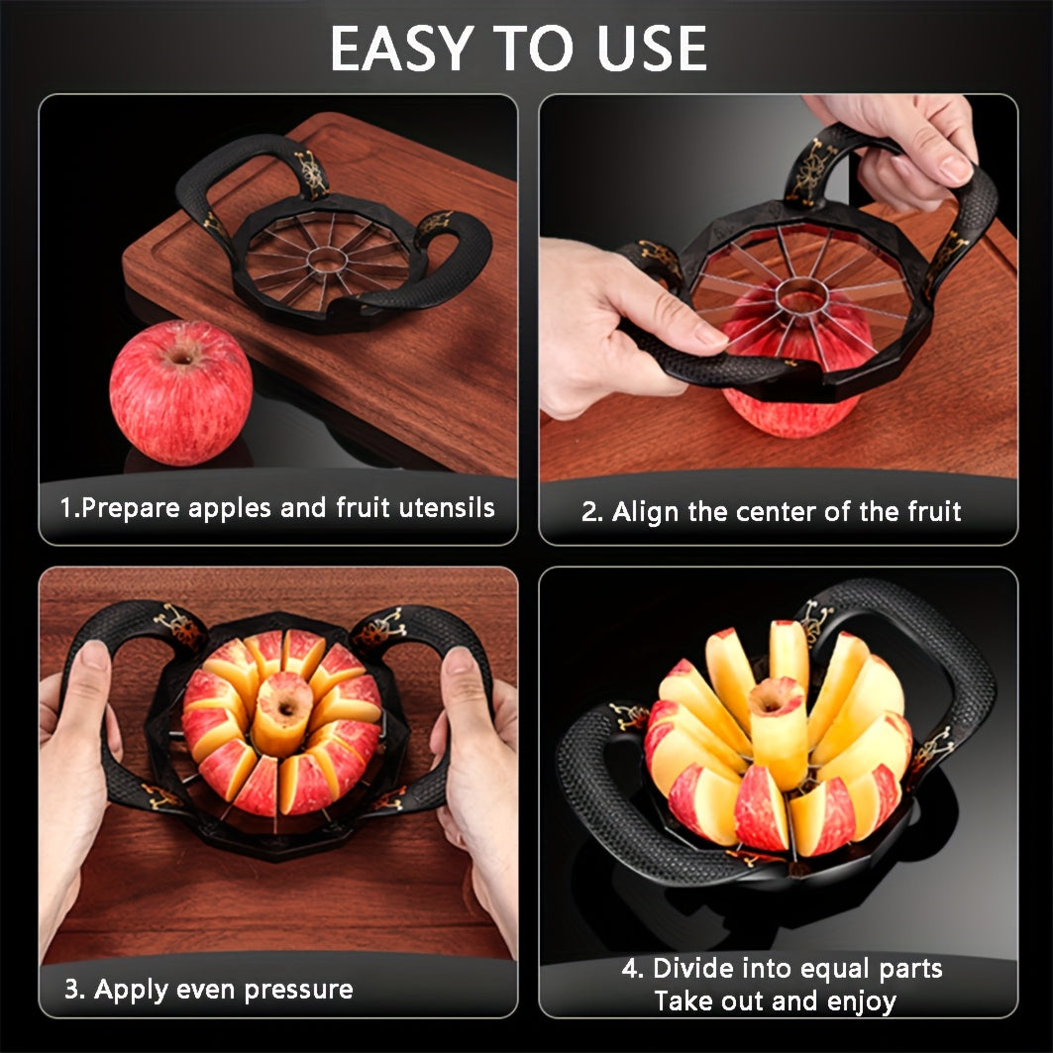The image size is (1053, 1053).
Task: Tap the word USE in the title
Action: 652,49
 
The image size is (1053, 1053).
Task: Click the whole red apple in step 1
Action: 180,392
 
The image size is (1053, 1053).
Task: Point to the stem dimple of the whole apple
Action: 181,355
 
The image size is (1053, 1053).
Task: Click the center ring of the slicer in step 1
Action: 327,260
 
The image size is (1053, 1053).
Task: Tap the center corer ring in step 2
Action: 801,295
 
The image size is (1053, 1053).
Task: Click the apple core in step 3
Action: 283,713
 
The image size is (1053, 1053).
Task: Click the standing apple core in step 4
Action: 778,732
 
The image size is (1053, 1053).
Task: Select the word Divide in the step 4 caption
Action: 697,969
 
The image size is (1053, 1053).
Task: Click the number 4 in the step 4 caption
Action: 631,969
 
